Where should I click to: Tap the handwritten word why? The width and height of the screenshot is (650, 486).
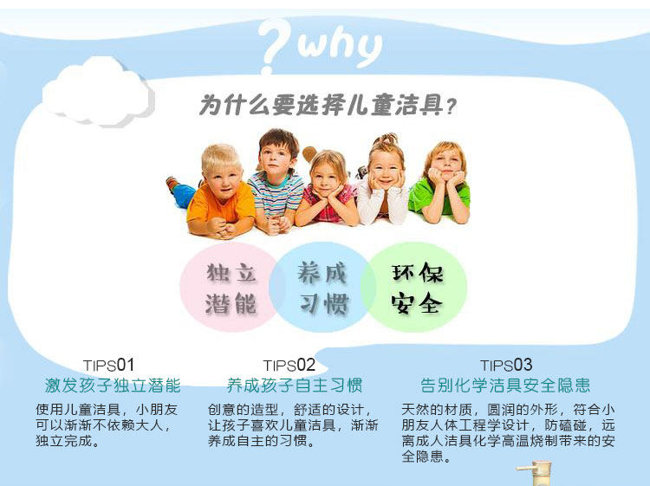340,47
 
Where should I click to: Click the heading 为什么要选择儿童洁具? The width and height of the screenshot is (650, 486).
328,105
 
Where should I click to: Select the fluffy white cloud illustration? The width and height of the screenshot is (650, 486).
99,91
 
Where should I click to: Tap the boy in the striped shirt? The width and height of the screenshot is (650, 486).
276,182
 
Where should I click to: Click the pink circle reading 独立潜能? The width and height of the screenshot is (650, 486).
231,287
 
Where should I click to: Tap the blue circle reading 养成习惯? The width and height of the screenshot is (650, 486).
322,287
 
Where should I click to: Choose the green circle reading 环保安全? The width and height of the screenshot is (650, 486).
414,287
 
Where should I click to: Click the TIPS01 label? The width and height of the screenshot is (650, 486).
108,366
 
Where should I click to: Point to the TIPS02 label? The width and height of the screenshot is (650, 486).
289,366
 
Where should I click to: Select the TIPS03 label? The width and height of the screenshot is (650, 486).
506,366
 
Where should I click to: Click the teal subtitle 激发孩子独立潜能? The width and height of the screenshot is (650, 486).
113,386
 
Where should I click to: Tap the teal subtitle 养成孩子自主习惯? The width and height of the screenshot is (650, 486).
295,386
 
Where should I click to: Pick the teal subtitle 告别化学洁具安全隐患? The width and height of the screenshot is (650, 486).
505,386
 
